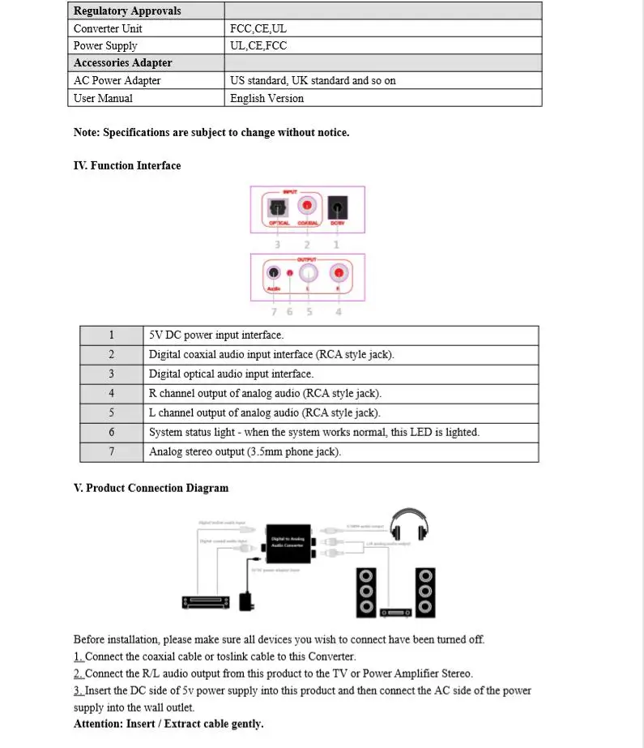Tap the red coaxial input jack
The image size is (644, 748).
pos(307,207)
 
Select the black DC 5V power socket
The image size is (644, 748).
pos(337,207)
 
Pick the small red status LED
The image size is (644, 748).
pos(290,273)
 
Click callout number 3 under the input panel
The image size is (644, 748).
pos(277,244)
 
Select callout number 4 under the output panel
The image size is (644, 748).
pos(338,311)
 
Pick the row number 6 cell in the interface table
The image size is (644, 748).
pos(112,433)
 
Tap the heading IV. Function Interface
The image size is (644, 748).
pos(127,165)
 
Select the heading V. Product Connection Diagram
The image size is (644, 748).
pos(151,488)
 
